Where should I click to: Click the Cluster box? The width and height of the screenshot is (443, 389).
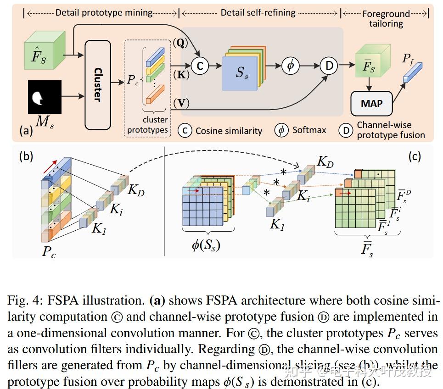pos(98,84)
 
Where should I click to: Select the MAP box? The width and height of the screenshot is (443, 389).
pos(371,103)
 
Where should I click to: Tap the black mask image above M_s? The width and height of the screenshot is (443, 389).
pos(45,97)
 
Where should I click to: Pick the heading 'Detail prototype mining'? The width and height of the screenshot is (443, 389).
pos(104,13)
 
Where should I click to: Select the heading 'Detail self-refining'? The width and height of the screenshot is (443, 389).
pos(258,13)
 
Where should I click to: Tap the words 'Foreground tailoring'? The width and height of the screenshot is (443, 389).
pos(386,18)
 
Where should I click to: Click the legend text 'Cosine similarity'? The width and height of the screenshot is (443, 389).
pos(229,131)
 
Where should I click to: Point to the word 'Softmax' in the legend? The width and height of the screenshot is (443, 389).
pos(309,130)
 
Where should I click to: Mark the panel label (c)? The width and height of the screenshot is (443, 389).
pos(414,156)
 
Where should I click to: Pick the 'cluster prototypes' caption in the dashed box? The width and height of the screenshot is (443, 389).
pos(148,125)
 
